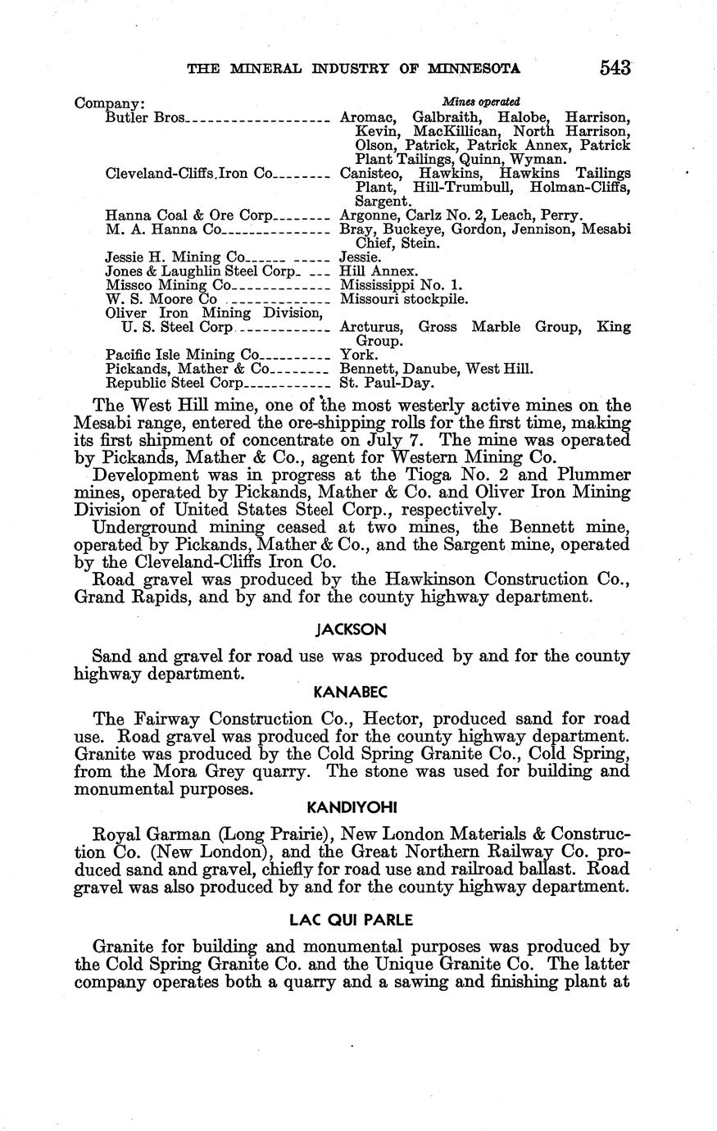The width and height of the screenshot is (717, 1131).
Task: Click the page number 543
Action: point(615,66)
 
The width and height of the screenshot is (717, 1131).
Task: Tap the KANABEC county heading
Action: point(352,693)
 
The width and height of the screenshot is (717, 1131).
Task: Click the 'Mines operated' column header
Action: point(481,102)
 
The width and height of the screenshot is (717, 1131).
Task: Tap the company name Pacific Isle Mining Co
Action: point(182,355)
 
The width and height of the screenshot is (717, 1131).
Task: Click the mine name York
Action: point(358,355)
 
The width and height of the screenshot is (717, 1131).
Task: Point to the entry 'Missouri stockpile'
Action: point(404,299)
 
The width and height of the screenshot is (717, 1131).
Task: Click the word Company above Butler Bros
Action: point(109,104)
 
